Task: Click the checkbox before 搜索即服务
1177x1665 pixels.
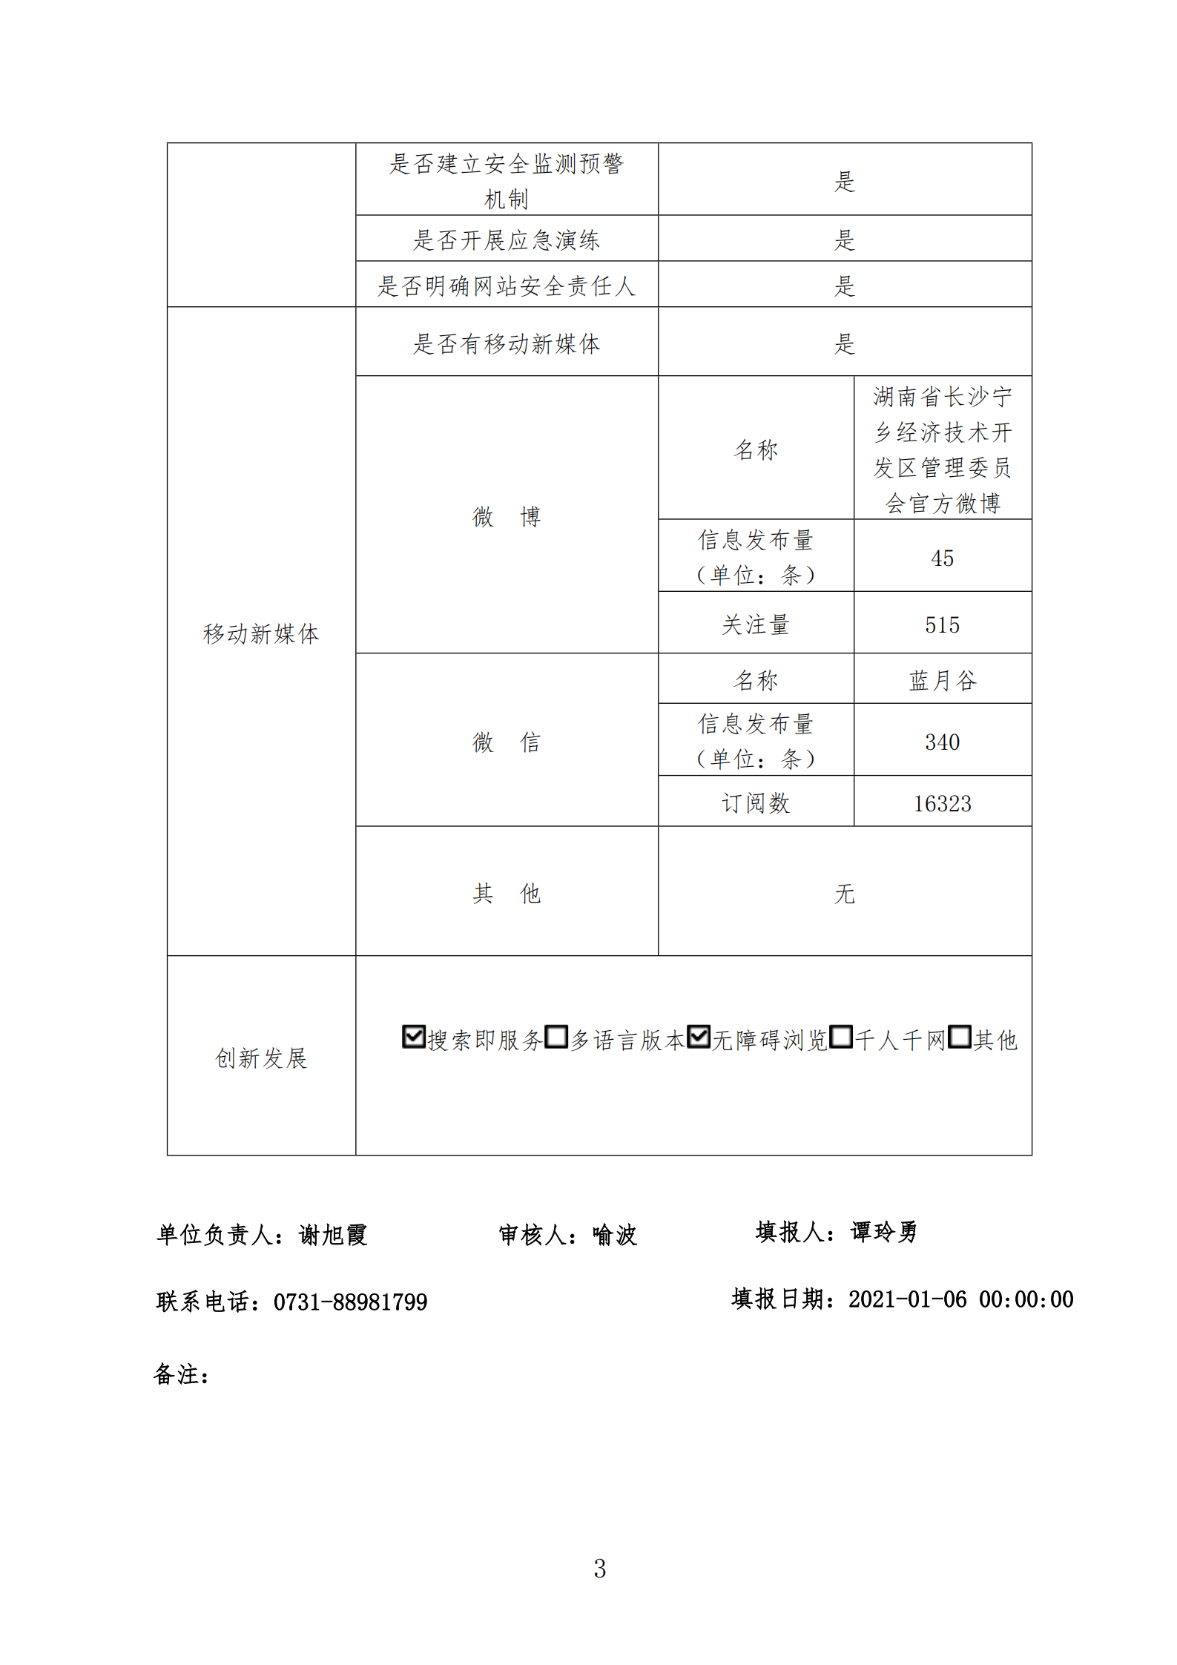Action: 413,1036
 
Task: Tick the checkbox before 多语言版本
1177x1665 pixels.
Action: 555,1036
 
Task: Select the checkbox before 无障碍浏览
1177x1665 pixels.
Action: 698,1036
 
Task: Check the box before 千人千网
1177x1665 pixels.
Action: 840,1036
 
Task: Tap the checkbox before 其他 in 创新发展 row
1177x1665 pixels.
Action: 959,1036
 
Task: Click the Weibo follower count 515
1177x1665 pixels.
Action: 942,624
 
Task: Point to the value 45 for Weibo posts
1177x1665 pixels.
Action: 942,558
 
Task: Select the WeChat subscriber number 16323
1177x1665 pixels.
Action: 942,803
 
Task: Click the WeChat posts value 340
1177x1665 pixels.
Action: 942,742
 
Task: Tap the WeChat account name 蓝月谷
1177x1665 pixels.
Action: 942,680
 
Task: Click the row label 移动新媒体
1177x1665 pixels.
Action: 261,633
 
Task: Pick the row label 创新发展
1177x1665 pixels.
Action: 261,1058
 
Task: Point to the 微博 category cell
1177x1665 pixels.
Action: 507,516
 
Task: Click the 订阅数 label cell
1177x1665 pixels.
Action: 756,802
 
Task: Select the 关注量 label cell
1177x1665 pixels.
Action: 756,624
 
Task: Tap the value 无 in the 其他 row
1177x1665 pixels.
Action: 845,893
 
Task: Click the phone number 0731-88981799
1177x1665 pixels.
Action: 350,1302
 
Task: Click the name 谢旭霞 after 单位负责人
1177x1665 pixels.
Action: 333,1235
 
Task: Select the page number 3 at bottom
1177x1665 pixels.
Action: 599,1568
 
